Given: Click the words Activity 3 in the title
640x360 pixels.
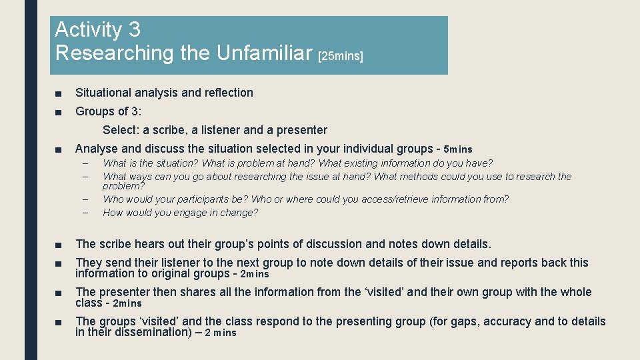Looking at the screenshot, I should tap(97, 30).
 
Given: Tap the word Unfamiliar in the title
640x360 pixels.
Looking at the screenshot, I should tap(266, 53).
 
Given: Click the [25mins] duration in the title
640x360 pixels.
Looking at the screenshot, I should tap(341, 57).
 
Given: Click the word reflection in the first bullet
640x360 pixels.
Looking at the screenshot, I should tap(229, 93).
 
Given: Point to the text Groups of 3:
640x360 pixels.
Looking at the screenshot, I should tap(109, 111).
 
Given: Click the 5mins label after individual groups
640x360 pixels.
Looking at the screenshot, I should tap(457, 149).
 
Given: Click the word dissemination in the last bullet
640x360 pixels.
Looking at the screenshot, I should tap(151, 332).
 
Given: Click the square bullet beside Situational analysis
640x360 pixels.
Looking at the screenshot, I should tap(58, 93).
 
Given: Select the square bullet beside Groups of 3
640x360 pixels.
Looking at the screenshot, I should tap(58, 112).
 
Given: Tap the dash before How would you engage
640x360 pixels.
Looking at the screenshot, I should tap(85, 213).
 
